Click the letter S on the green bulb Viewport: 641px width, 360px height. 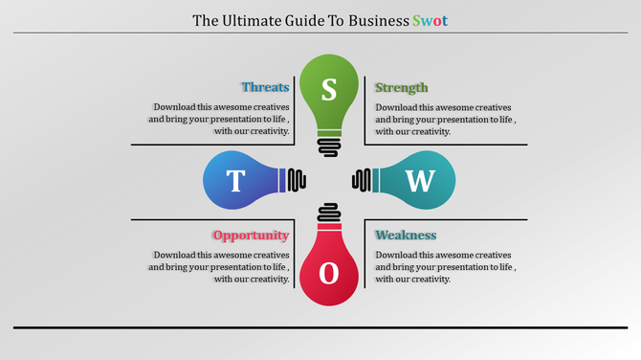click(329, 89)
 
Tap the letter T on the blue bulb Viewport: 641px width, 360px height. click(235, 180)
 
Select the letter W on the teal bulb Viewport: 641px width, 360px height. click(420, 180)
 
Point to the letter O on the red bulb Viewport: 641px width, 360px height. click(329, 273)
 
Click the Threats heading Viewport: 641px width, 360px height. click(265, 87)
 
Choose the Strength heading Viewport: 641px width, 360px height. click(402, 87)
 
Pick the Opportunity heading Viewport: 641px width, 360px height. click(251, 236)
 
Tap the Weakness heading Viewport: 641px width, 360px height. click(406, 236)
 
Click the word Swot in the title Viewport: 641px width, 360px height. click(429, 19)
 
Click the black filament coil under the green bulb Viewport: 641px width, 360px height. click(329, 145)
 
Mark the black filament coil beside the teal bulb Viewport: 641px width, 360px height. click(363, 180)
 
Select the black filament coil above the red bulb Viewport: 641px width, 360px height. click(329, 213)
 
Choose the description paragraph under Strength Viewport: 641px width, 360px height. click(444, 120)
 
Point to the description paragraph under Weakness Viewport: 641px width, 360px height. click(444, 267)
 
